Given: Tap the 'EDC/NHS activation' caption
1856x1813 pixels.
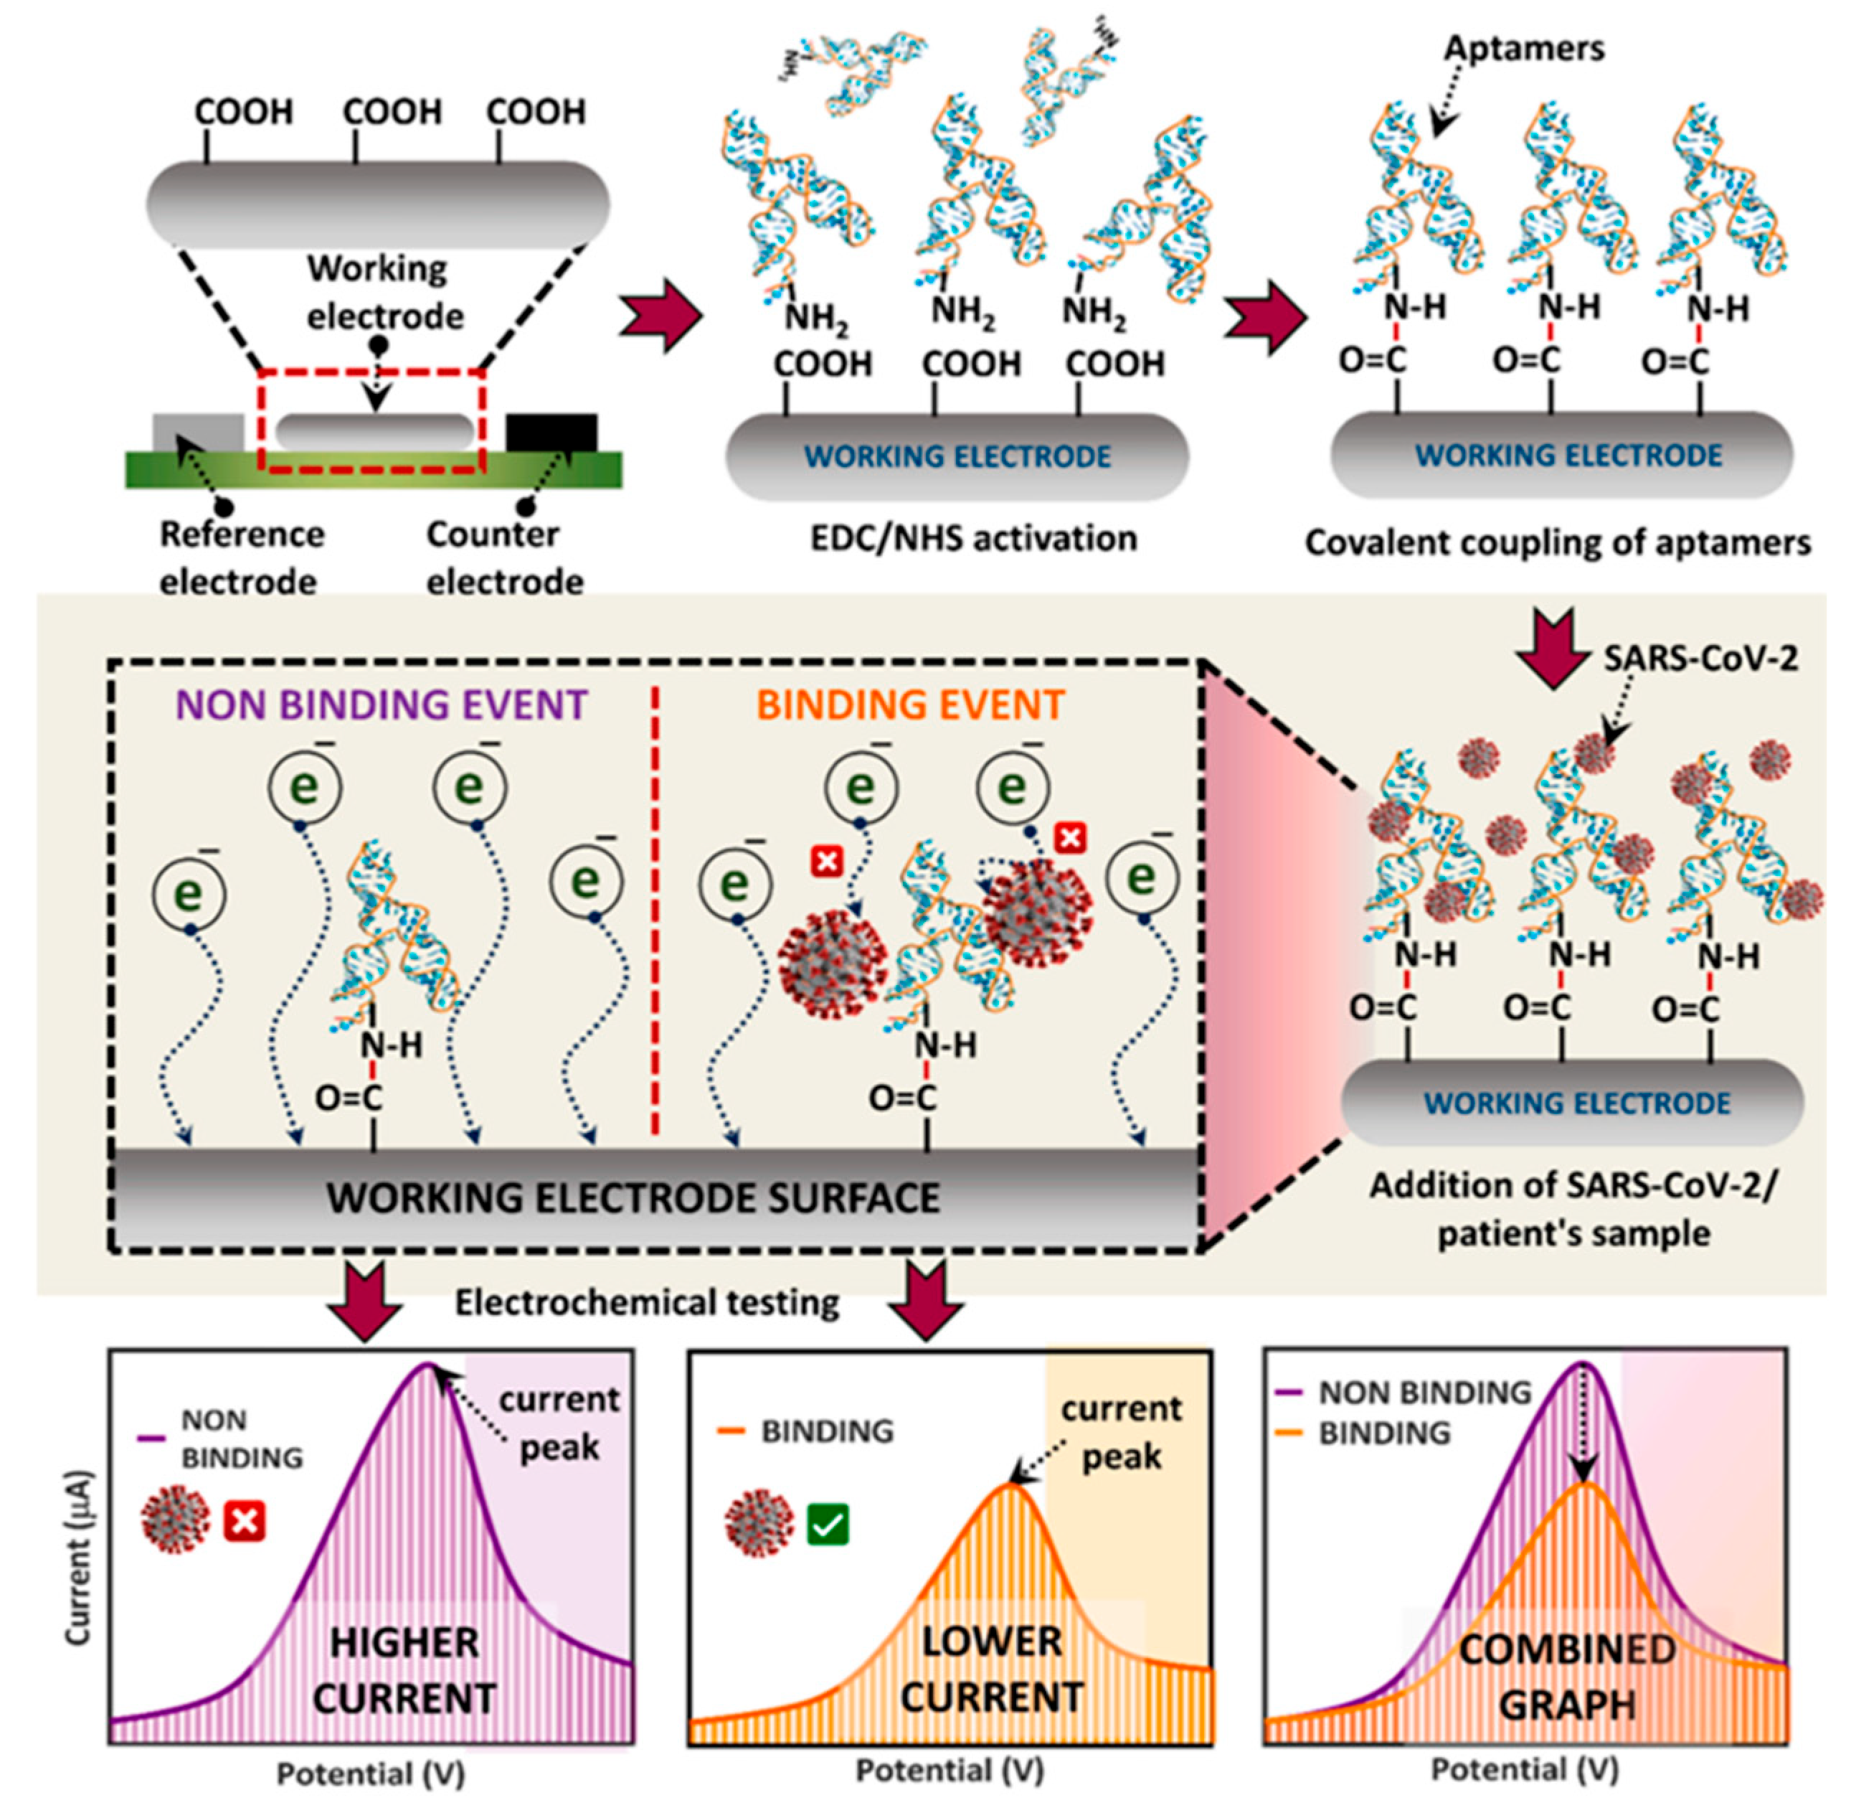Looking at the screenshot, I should pyautogui.click(x=972, y=539).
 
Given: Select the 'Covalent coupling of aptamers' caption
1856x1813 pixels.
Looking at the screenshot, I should pyautogui.click(x=1557, y=543).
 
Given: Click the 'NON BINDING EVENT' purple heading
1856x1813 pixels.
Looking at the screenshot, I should pyautogui.click(x=381, y=705).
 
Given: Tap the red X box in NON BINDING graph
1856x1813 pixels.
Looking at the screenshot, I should pyautogui.click(x=245, y=1521).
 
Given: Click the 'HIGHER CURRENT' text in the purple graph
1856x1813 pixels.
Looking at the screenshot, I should pyautogui.click(x=404, y=1671).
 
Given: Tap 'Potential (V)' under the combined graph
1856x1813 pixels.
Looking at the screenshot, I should pyautogui.click(x=1525, y=1769).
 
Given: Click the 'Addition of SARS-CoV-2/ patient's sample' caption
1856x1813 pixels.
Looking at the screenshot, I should pyautogui.click(x=1573, y=1210).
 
